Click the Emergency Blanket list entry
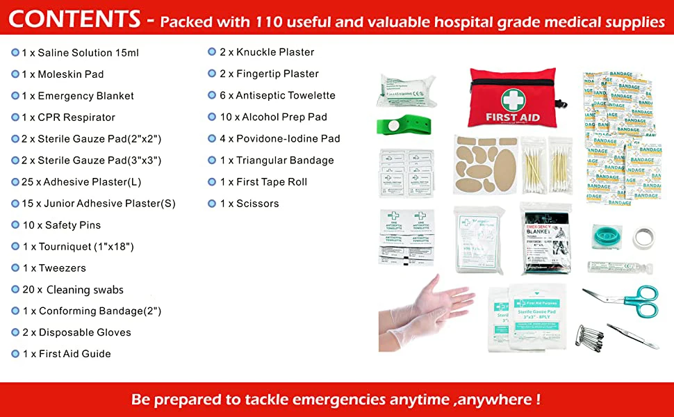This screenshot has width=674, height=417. click(x=78, y=96)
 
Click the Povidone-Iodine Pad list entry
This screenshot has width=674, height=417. click(x=280, y=138)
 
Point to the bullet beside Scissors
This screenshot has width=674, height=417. click(x=213, y=204)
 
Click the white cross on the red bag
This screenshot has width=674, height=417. click(x=515, y=98)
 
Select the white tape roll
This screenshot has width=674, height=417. click(x=643, y=238)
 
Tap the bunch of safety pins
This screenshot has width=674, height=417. click(x=589, y=335)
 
